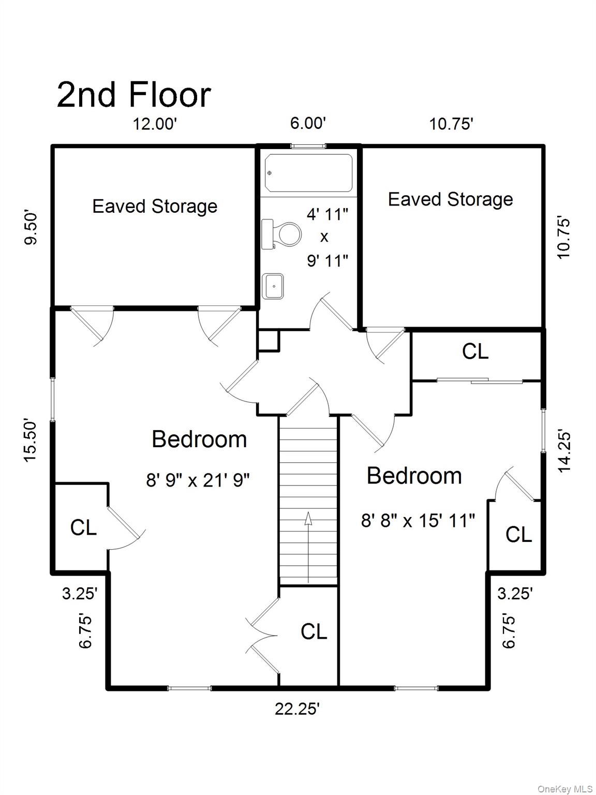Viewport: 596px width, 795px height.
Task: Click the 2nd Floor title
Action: (x=133, y=95)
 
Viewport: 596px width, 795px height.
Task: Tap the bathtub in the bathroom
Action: (x=308, y=173)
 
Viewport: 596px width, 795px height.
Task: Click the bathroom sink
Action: (x=273, y=286)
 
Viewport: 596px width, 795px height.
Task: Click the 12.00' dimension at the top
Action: (x=155, y=124)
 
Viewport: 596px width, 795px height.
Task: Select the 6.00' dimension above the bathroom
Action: (x=308, y=123)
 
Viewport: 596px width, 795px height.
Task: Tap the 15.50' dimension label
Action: (x=31, y=441)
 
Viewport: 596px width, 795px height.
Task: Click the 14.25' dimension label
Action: (x=564, y=452)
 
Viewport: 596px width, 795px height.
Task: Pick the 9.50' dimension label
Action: (x=31, y=229)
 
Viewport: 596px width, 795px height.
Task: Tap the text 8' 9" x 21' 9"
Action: (x=198, y=481)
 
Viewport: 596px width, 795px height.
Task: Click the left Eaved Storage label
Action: (x=155, y=207)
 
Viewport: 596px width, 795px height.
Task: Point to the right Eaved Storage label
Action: (x=451, y=200)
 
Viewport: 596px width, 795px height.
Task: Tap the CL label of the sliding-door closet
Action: (x=475, y=351)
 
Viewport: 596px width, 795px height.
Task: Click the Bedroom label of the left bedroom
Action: (x=199, y=439)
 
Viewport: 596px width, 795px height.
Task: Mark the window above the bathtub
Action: (x=308, y=146)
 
